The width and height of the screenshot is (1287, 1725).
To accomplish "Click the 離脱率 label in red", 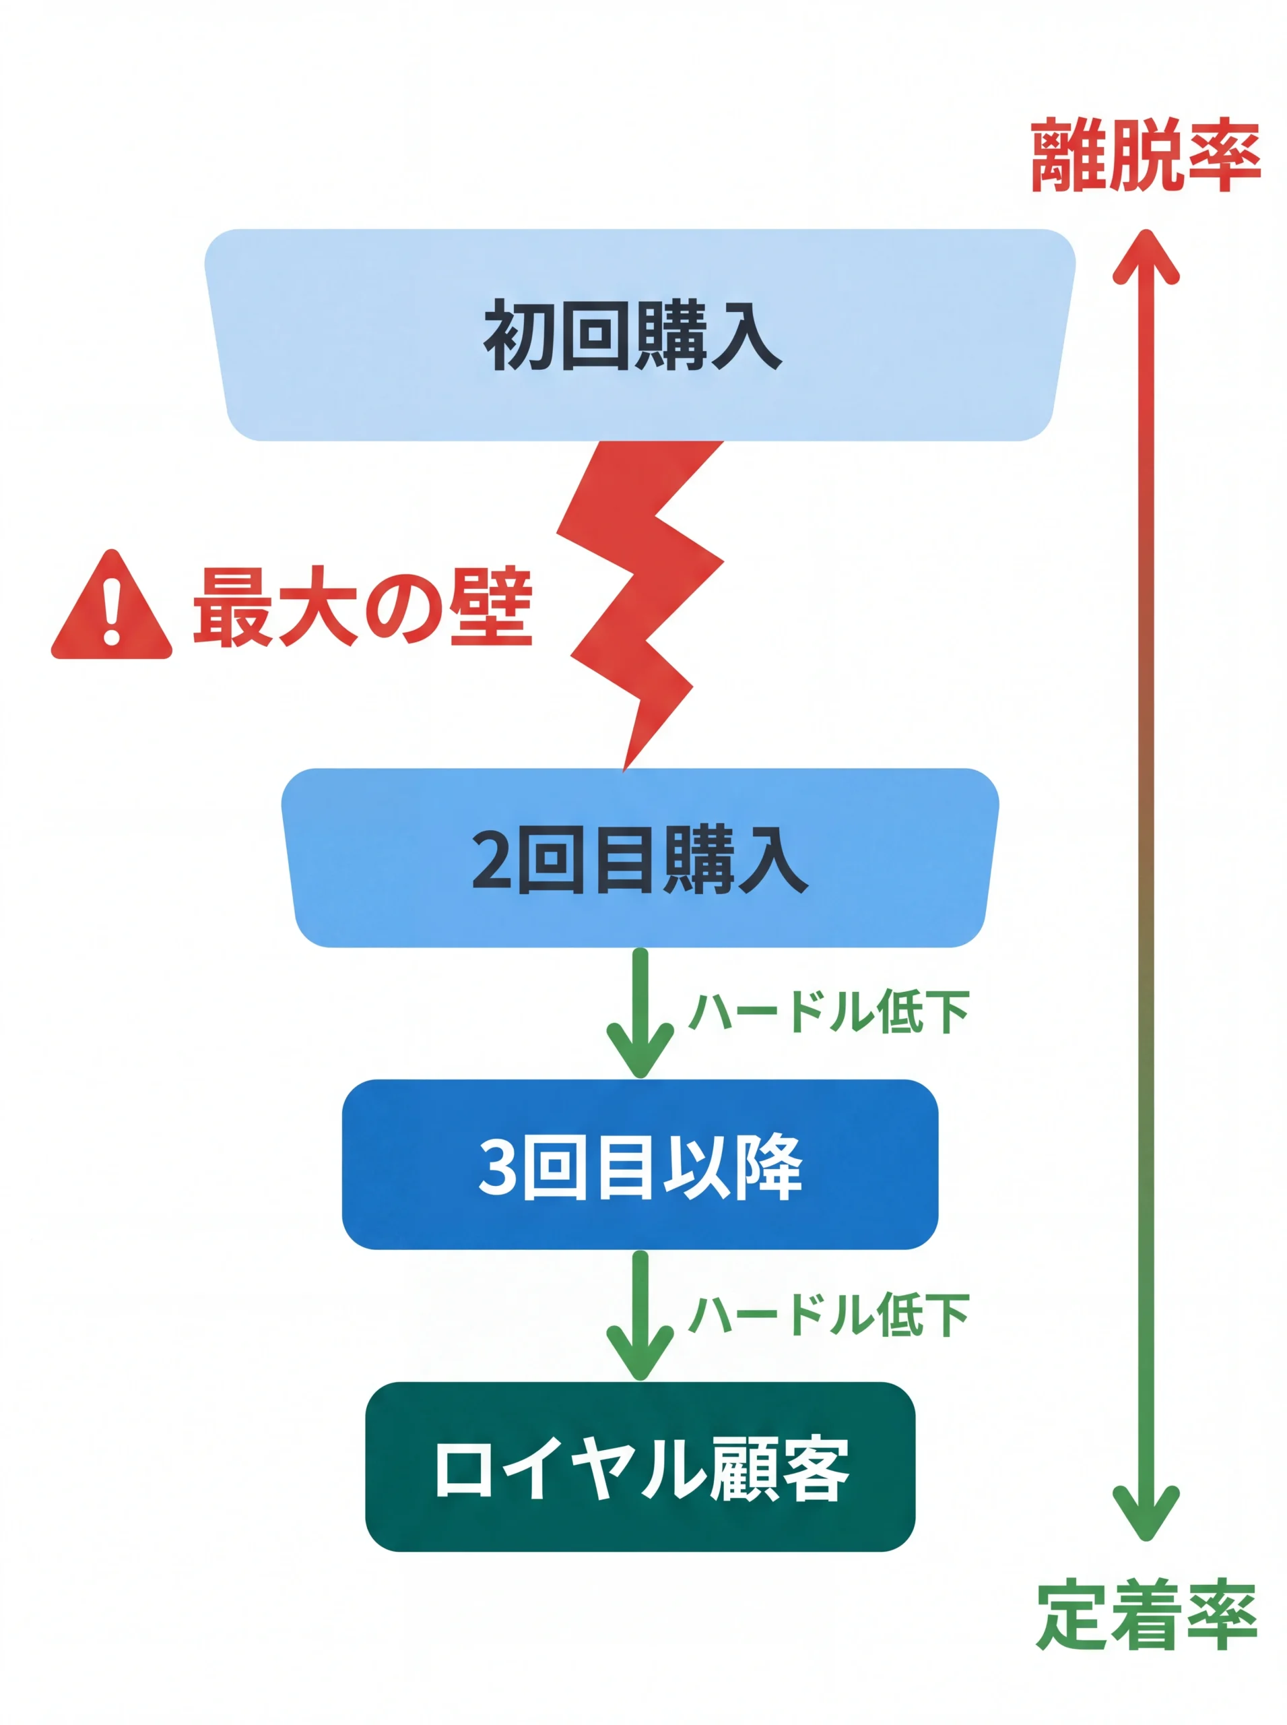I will tap(1145, 156).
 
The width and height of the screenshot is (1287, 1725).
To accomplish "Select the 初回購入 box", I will tap(639, 335).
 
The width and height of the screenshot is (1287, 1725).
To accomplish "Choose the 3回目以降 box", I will tap(639, 1165).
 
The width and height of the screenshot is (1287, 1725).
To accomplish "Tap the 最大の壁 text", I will tap(362, 608).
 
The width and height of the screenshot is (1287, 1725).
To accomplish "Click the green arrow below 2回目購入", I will tap(640, 1013).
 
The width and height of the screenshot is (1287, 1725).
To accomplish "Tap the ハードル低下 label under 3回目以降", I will tap(828, 1315).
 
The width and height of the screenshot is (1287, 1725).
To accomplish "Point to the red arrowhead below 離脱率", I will tap(1145, 257).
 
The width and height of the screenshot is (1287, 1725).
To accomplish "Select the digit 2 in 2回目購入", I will tap(492, 860).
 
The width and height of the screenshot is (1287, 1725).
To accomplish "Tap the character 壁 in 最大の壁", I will tap(491, 608).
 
